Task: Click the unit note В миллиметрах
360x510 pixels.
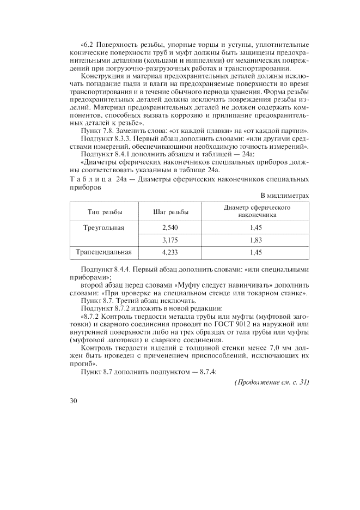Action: click(x=285, y=195)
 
